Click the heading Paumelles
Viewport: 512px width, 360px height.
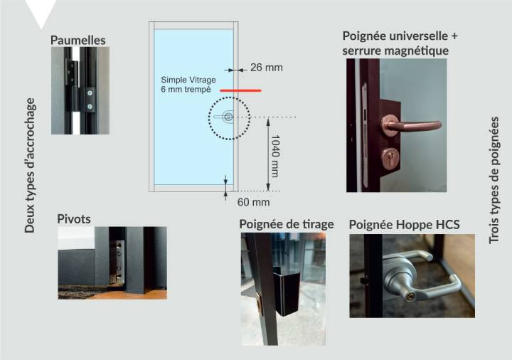[x=78, y=40]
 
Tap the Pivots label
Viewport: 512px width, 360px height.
[x=74, y=218]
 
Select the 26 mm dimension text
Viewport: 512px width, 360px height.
[x=267, y=68]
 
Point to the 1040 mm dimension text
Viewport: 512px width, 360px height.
[x=275, y=156]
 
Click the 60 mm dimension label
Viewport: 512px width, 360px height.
[x=253, y=202]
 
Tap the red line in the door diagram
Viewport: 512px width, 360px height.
[x=240, y=90]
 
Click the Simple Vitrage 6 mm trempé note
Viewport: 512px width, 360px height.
[x=188, y=85]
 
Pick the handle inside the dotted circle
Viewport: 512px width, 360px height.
[x=225, y=117]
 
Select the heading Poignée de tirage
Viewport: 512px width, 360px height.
[x=287, y=224]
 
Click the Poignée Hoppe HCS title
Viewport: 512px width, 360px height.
[x=404, y=224]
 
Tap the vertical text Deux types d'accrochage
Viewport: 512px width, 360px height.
[x=30, y=165]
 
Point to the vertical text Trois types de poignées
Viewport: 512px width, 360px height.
[x=494, y=180]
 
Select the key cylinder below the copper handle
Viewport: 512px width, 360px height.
[x=390, y=158]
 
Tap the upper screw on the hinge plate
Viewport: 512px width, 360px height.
[x=90, y=93]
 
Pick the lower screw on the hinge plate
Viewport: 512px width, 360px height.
[x=90, y=106]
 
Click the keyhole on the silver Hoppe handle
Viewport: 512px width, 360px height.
[x=410, y=297]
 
